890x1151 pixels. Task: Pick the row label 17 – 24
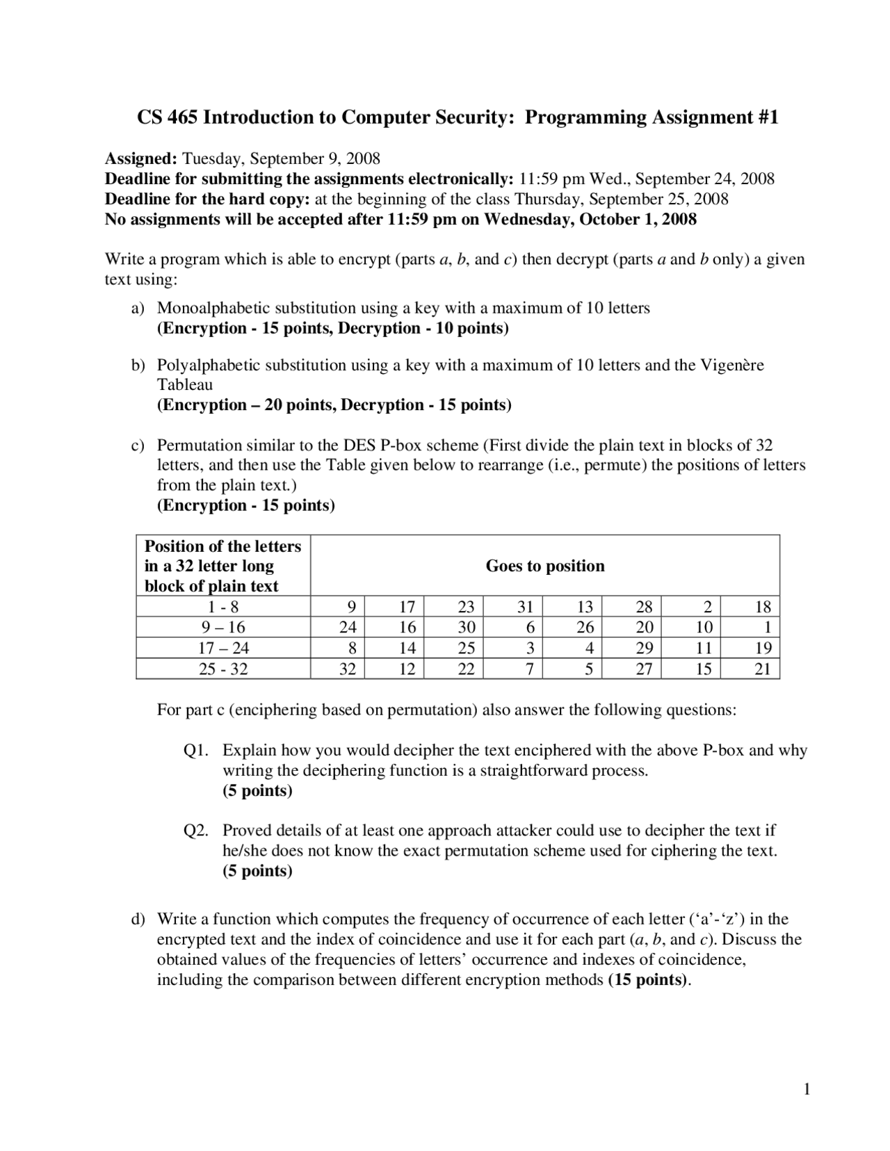pos(223,648)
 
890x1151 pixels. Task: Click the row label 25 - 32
pos(223,669)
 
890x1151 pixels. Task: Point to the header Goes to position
pos(544,566)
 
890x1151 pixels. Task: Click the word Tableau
pos(184,385)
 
